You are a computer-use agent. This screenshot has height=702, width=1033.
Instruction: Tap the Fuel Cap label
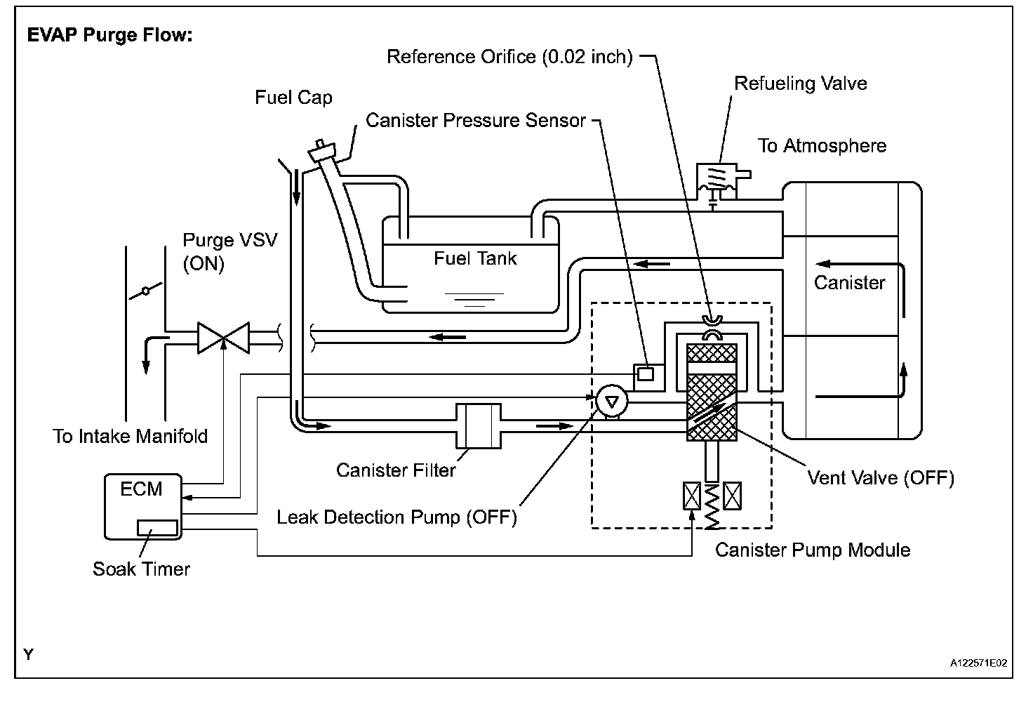pyautogui.click(x=293, y=98)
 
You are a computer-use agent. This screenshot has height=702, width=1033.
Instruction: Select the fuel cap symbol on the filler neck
pyautogui.click(x=322, y=151)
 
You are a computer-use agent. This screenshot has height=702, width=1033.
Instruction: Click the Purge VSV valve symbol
pyautogui.click(x=224, y=338)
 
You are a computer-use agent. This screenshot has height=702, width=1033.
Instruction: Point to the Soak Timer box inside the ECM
pyautogui.click(x=157, y=528)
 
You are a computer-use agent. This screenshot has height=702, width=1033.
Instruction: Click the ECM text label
pyautogui.click(x=141, y=489)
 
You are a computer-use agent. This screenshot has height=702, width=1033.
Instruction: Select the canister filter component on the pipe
pyautogui.click(x=478, y=425)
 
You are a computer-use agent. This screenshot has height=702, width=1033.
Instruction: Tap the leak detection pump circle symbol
pyautogui.click(x=611, y=401)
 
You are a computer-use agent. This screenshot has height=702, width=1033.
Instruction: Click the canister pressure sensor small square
pyautogui.click(x=646, y=373)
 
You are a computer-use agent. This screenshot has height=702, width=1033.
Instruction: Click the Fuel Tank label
pyautogui.click(x=476, y=258)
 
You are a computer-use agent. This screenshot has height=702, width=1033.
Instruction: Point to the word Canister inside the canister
pyautogui.click(x=849, y=283)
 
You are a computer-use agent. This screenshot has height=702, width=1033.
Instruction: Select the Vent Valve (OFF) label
pyautogui.click(x=881, y=478)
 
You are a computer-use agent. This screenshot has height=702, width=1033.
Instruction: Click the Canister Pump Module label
pyautogui.click(x=813, y=550)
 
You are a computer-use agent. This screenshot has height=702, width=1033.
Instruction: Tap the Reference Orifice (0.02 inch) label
pyautogui.click(x=509, y=57)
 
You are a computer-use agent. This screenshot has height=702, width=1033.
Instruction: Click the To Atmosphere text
pyautogui.click(x=822, y=146)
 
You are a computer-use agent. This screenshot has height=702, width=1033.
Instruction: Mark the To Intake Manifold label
pyautogui.click(x=130, y=437)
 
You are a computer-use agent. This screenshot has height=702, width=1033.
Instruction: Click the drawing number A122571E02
pyautogui.click(x=978, y=663)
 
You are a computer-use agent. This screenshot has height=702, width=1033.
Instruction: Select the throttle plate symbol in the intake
pyautogui.click(x=146, y=291)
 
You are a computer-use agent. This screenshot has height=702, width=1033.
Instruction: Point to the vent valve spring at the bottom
pyautogui.click(x=712, y=505)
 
